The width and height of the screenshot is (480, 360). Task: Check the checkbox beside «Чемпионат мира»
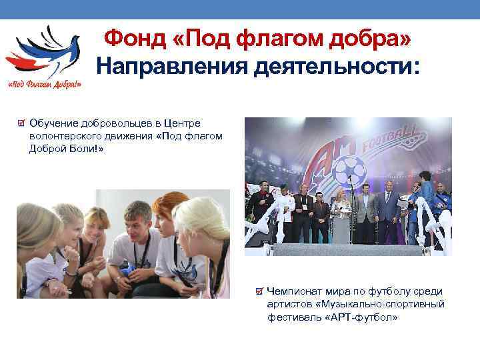tap(259, 291)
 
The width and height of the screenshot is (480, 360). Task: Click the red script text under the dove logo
tap(45, 85)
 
